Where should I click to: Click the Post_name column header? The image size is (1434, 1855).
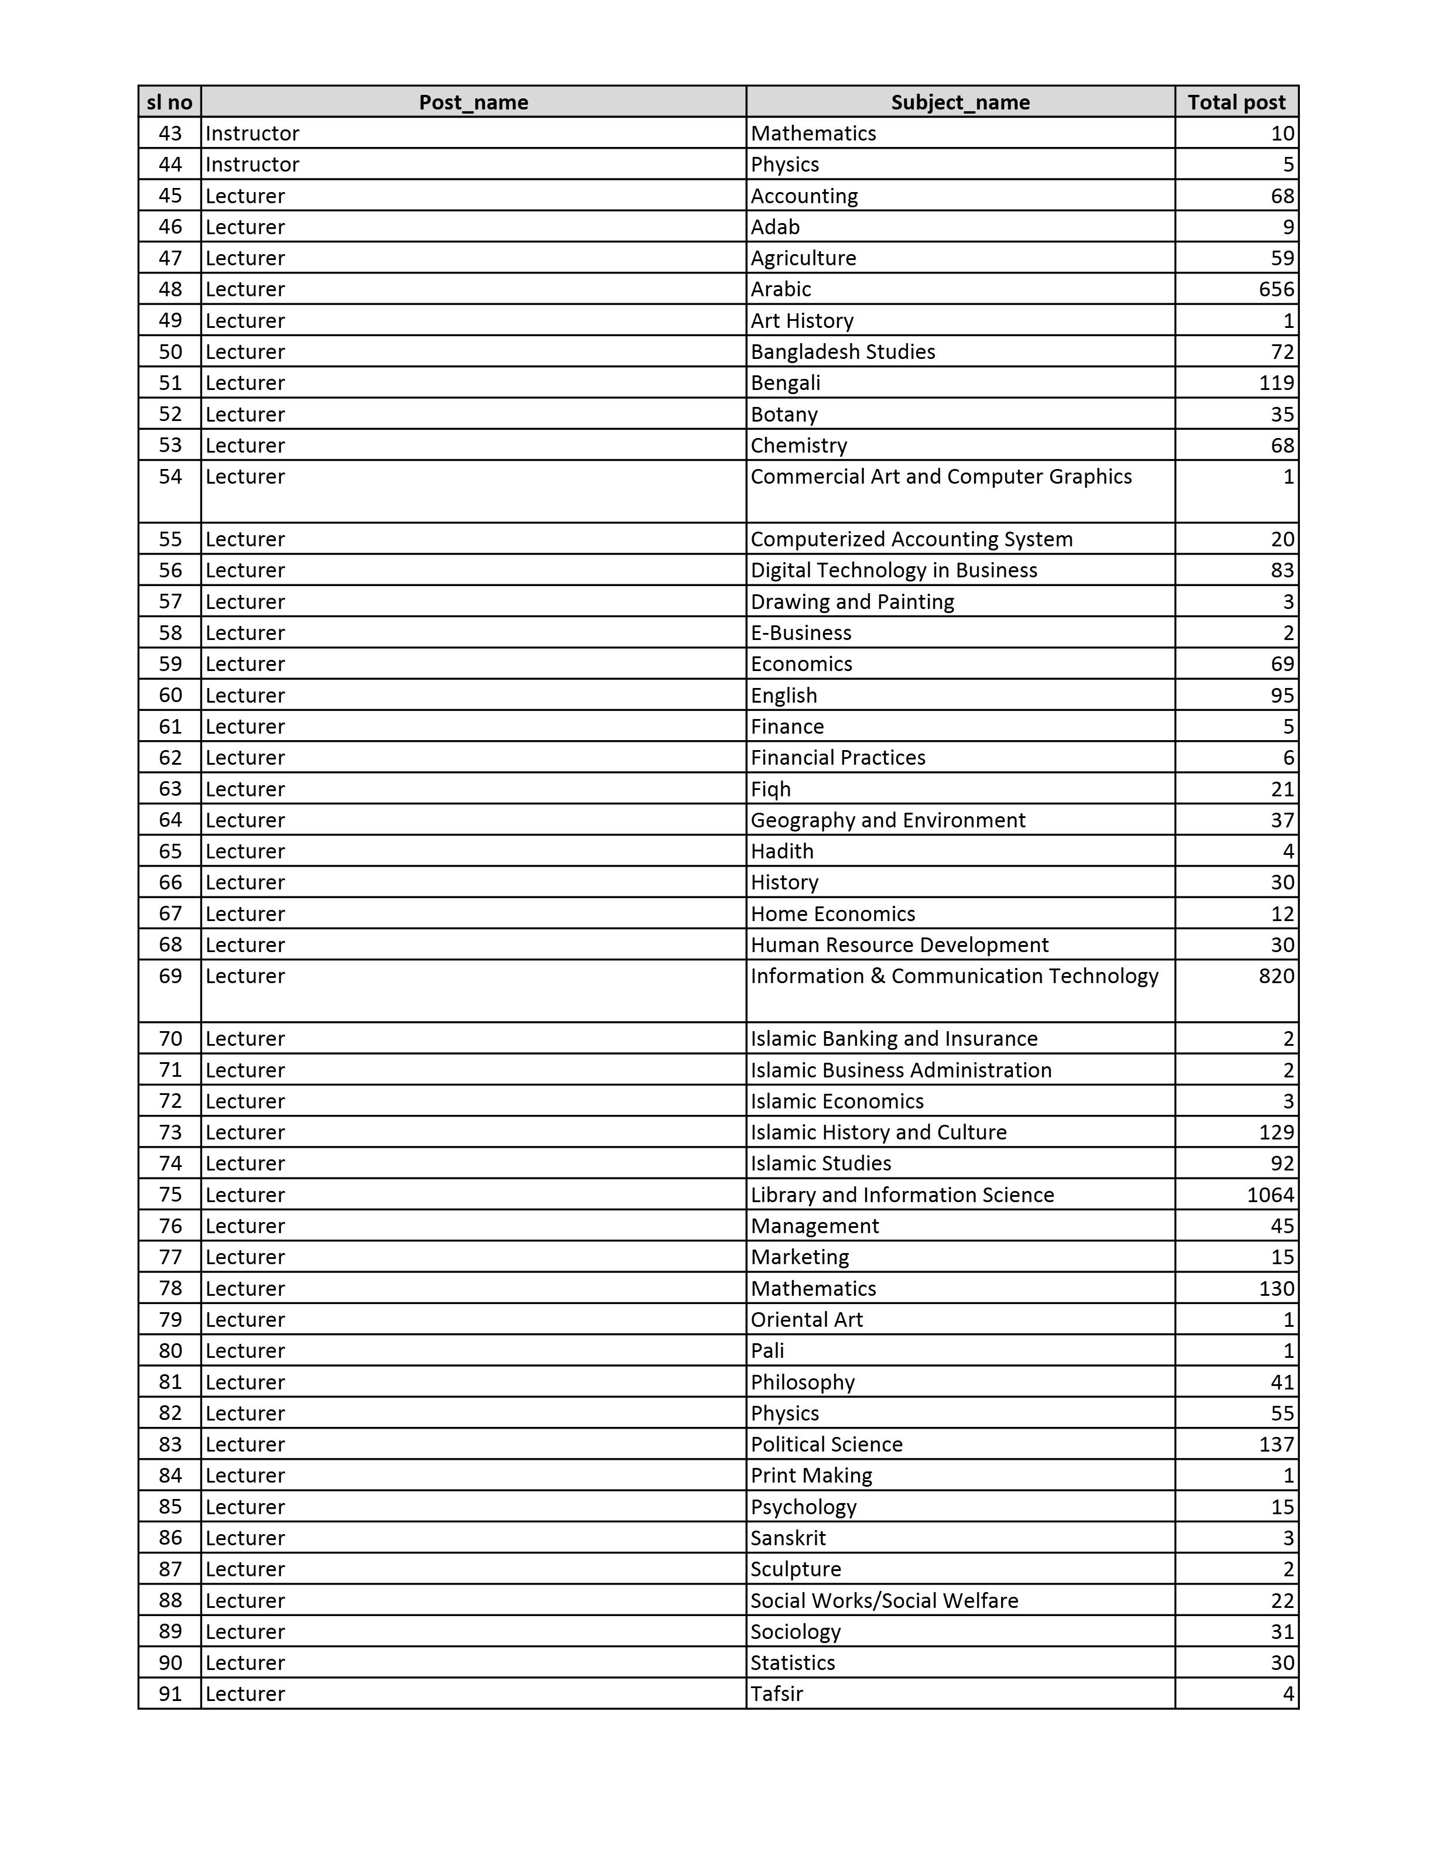(x=473, y=102)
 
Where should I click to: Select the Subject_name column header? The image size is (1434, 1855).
(x=960, y=102)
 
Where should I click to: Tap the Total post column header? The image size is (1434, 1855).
(x=1236, y=102)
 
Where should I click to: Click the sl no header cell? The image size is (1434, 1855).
(x=170, y=102)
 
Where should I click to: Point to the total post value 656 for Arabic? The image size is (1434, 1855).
(x=1276, y=289)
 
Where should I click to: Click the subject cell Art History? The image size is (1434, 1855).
(x=802, y=320)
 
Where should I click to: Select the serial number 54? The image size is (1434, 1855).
(x=170, y=477)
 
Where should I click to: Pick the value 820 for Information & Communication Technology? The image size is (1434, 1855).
(x=1276, y=976)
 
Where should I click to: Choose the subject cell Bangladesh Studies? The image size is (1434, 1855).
(x=843, y=352)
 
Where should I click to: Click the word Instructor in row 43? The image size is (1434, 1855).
(x=252, y=134)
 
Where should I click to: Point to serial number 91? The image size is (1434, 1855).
(x=170, y=1693)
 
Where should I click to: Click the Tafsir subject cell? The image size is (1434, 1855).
(x=777, y=1693)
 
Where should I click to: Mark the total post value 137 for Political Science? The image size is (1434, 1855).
(x=1276, y=1444)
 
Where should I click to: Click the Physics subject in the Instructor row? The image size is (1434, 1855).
(x=785, y=164)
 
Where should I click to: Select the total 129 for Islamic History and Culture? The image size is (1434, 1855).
(x=1276, y=1132)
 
